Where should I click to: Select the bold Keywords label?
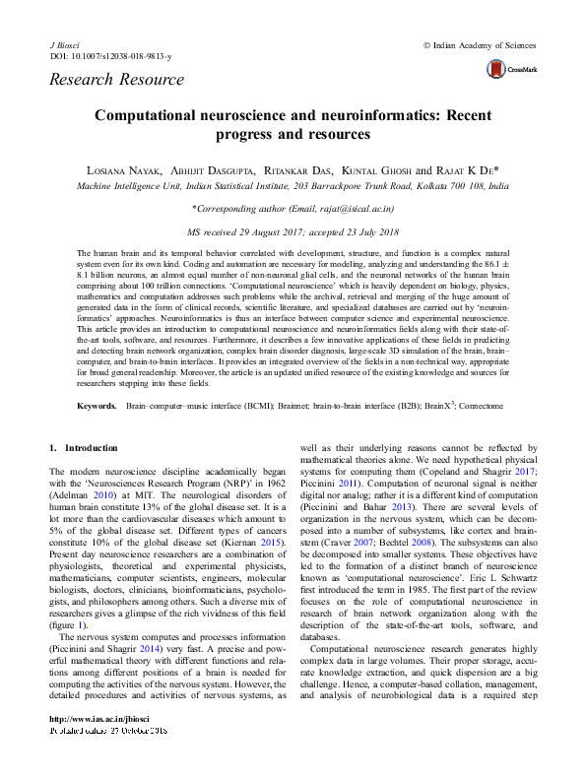pyautogui.click(x=98, y=406)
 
